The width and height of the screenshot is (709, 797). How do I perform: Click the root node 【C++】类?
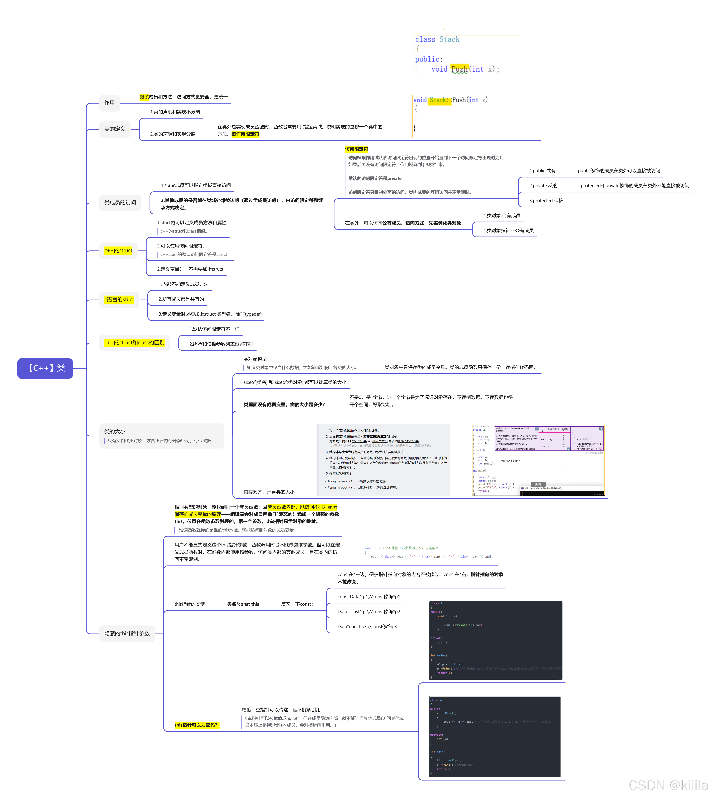click(45, 368)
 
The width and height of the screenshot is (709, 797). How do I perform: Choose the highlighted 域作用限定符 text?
click(245, 134)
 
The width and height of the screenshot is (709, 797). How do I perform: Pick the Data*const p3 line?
click(367, 627)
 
